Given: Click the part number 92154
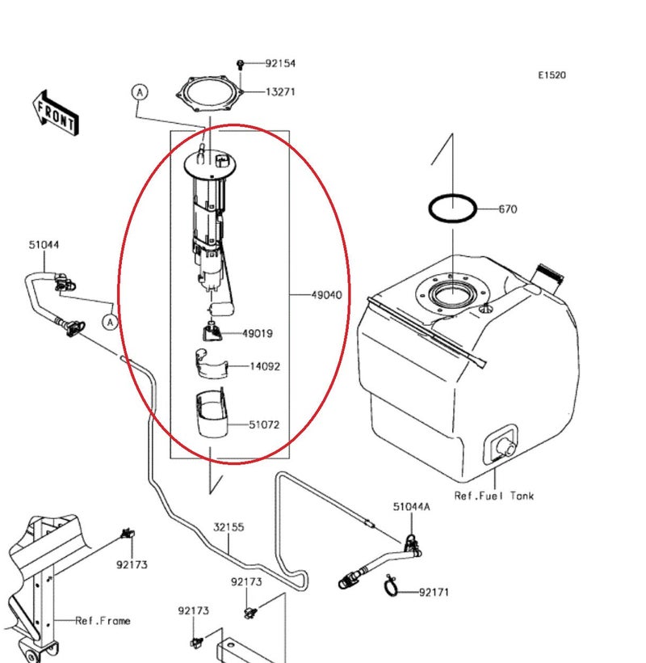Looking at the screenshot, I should click(280, 63).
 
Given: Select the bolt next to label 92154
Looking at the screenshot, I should click(241, 63).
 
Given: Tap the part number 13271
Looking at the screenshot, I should click(280, 92).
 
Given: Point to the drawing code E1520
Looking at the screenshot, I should click(552, 75).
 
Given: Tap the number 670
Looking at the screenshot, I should click(507, 209).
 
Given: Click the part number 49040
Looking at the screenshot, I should click(326, 295).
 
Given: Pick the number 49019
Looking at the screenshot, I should click(258, 333).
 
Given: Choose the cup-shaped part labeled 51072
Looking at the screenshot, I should click(212, 416).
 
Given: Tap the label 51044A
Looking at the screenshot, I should click(412, 507).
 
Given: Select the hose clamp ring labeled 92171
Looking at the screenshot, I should click(392, 585).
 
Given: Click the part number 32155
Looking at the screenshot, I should click(229, 527).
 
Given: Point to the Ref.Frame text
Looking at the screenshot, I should click(103, 621).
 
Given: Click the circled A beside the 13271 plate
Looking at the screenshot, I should click(140, 93).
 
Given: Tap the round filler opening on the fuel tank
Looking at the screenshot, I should click(453, 293).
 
